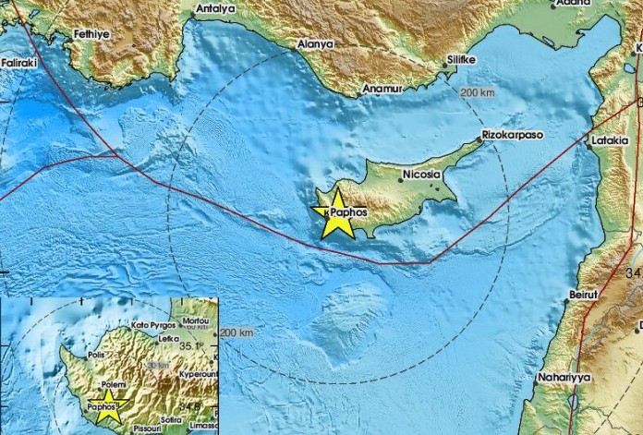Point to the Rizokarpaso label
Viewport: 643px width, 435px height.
click(x=513, y=135)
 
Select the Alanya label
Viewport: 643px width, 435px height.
click(x=315, y=43)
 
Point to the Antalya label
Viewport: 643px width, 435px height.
click(x=216, y=8)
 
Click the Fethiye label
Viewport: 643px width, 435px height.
click(x=93, y=34)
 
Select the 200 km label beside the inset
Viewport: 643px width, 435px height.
click(x=237, y=332)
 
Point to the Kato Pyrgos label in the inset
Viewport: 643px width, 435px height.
click(x=152, y=325)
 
